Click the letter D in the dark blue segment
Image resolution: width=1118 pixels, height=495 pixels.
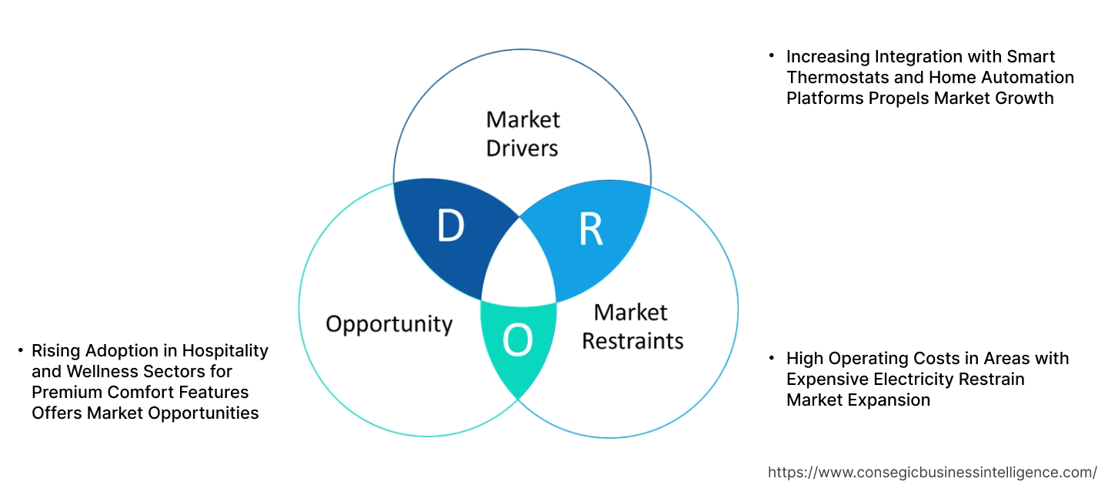(x=450, y=226)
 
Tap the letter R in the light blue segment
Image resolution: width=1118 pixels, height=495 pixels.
(x=590, y=229)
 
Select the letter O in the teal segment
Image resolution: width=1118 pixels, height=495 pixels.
(x=518, y=340)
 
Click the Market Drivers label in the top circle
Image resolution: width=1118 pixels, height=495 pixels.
(x=522, y=133)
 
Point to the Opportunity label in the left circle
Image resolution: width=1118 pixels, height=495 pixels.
(x=389, y=323)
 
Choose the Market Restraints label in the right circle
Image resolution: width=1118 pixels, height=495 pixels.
(x=632, y=326)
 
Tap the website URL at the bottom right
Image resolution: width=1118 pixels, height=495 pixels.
(x=933, y=472)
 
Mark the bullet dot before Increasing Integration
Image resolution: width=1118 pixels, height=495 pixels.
(x=771, y=57)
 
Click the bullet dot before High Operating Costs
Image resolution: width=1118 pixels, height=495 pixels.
(x=771, y=359)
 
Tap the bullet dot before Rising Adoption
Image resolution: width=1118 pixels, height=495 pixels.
(x=20, y=351)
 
